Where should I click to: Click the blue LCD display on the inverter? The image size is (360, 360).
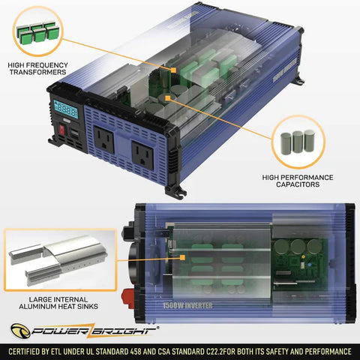click(66, 109)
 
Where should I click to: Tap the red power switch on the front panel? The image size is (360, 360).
click(62, 130)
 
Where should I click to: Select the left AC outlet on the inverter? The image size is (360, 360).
click(103, 139)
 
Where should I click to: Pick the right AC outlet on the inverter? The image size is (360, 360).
click(142, 155)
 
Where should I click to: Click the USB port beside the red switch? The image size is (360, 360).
click(74, 134)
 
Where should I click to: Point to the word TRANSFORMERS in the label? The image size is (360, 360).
click(38, 72)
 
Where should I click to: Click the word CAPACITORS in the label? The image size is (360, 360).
click(298, 184)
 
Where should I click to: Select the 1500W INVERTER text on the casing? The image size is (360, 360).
click(187, 305)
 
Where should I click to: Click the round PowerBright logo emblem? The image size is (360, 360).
click(20, 331)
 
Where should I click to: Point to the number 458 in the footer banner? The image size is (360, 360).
click(136, 352)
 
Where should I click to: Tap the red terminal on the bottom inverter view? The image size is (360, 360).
click(127, 298)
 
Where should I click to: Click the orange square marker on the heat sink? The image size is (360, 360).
click(183, 257)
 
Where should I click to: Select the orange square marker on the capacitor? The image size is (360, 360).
click(168, 98)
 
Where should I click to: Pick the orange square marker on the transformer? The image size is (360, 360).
click(173, 70)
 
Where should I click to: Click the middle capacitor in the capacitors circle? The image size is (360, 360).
click(298, 142)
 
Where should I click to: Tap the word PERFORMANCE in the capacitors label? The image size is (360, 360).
click(307, 178)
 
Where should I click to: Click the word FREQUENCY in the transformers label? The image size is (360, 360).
click(47, 65)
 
